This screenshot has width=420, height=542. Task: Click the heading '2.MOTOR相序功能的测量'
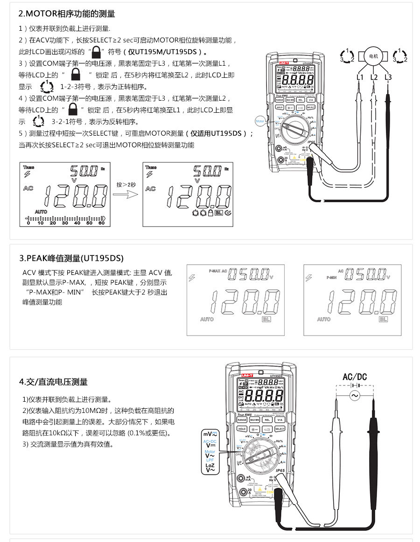[x=67, y=14]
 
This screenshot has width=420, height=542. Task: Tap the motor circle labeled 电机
[x=374, y=56]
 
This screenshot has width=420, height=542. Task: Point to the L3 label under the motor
[x=388, y=77]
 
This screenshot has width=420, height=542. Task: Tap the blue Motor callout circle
[x=260, y=121]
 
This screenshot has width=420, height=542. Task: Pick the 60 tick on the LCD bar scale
[x=101, y=223]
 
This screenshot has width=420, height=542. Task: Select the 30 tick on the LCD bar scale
[x=65, y=223]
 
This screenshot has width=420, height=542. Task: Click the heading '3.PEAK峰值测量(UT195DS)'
[x=71, y=258]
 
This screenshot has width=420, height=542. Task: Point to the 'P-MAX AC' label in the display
[x=217, y=271]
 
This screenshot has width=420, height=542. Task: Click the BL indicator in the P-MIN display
[x=383, y=319]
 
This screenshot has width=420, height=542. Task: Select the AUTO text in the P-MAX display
[x=207, y=320]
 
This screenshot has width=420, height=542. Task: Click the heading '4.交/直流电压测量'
[x=53, y=382]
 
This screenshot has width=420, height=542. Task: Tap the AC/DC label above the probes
[x=355, y=377]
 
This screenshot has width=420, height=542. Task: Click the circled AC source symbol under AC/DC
[x=355, y=396]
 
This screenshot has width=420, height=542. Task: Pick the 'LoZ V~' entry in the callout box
[x=210, y=467]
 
